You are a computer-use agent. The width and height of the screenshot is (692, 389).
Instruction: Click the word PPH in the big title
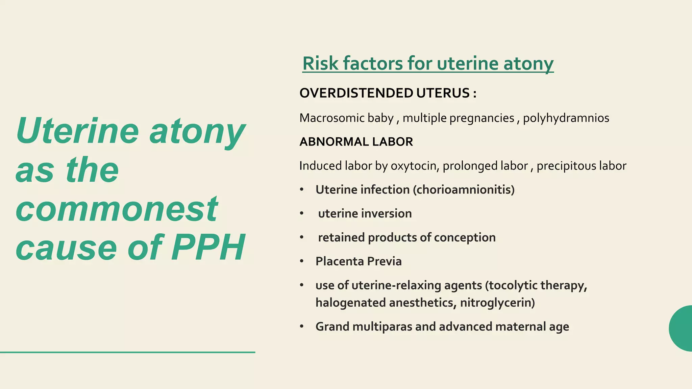pyautogui.click(x=208, y=248)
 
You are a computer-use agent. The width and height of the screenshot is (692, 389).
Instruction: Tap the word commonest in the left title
pyautogui.click(x=117, y=209)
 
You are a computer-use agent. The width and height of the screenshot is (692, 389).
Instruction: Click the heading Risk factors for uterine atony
pyautogui.click(x=428, y=63)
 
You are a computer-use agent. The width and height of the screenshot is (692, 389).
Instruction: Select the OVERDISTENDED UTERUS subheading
pyautogui.click(x=388, y=93)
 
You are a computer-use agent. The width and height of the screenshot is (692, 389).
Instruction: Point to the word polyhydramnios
pyautogui.click(x=566, y=118)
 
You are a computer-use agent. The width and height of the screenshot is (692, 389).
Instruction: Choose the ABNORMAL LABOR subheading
pyautogui.click(x=356, y=142)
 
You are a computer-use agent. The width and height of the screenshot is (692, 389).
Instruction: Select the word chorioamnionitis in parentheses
pyautogui.click(x=463, y=190)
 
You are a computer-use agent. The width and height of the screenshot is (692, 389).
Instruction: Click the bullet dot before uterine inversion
pyautogui.click(x=302, y=214)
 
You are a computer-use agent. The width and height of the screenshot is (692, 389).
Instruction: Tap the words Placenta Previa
pyautogui.click(x=359, y=261)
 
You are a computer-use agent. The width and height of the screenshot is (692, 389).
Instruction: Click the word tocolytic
pyautogui.click(x=513, y=286)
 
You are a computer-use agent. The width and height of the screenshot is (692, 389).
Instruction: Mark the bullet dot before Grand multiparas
pyautogui.click(x=302, y=327)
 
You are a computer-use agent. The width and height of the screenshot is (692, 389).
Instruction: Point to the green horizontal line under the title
pyautogui.click(x=127, y=352)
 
